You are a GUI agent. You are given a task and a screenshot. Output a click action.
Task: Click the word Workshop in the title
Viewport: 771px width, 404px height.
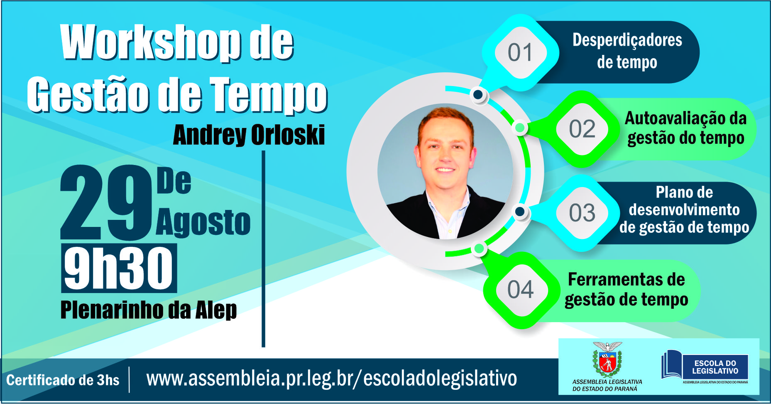click(151, 42)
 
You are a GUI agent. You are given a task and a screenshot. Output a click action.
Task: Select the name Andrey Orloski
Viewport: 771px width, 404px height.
click(249, 135)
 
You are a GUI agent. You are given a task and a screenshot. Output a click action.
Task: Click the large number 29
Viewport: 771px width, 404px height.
click(107, 202)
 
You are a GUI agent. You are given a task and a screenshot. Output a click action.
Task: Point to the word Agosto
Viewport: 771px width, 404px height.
click(203, 222)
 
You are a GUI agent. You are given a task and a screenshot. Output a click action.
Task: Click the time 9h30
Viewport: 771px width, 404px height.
click(119, 268)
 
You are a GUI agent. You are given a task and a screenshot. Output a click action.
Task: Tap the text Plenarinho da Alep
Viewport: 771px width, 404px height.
click(149, 310)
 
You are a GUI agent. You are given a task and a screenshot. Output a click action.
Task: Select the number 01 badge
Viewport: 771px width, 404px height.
click(520, 53)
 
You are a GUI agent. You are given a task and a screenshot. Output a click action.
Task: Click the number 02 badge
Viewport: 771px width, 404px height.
click(582, 129)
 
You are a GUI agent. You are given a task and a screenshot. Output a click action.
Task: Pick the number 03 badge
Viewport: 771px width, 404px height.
click(582, 213)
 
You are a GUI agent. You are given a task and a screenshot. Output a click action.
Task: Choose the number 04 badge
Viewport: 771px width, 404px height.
click(520, 289)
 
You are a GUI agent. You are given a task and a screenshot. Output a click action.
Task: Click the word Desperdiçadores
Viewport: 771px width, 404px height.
click(627, 40)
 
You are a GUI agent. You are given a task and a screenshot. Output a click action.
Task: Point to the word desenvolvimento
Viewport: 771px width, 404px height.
click(684, 209)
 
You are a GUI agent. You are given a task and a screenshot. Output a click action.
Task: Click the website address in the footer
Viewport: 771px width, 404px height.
click(332, 379)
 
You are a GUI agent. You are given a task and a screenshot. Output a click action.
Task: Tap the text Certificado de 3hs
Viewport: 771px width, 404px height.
click(63, 380)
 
